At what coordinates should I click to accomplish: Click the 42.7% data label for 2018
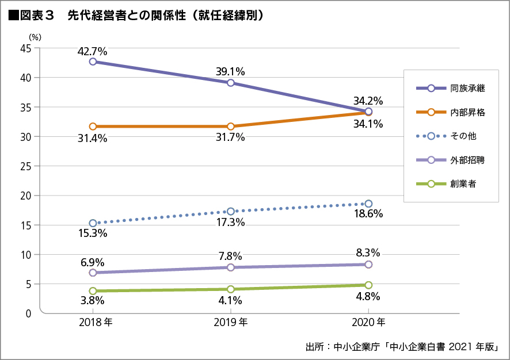pos(92,51)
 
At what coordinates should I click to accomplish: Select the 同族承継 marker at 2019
pos(230,83)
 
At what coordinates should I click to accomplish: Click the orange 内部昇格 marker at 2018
pos(92,126)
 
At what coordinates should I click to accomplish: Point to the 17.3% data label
pos(230,222)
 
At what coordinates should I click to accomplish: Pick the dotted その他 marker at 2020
pos(368,204)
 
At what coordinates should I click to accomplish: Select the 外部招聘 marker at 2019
pos(230,267)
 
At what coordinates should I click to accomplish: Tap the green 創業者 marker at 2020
pos(368,285)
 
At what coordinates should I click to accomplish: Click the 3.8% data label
pos(92,300)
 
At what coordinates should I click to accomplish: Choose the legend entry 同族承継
pos(450,88)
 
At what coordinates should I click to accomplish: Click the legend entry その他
pos(450,136)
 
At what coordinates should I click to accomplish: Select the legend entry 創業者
pos(450,184)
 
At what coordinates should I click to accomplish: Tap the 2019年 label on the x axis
pos(230,323)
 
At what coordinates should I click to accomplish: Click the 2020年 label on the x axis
pos(368,323)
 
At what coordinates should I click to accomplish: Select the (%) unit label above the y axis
pos(35,37)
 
